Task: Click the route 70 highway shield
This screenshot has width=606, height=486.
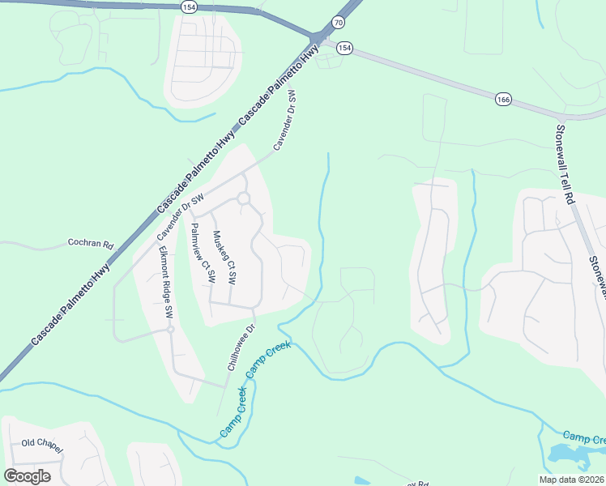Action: pos(338,23)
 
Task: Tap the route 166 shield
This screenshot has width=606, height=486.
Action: pos(503,99)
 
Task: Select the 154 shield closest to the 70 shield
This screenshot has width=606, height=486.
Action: pos(345,48)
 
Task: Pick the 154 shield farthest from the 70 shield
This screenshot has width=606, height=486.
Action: pos(190,6)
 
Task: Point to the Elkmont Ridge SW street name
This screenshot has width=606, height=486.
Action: pos(165,280)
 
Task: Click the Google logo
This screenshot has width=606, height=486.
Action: pos(27,476)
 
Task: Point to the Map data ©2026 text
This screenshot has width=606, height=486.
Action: pos(572,480)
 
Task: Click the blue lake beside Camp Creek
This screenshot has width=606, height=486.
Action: pos(572,456)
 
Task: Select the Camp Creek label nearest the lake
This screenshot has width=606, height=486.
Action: pos(583,437)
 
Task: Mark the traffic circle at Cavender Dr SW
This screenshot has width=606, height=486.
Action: pos(242,198)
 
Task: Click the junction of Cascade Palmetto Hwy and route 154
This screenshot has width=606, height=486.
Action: pos(317,38)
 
